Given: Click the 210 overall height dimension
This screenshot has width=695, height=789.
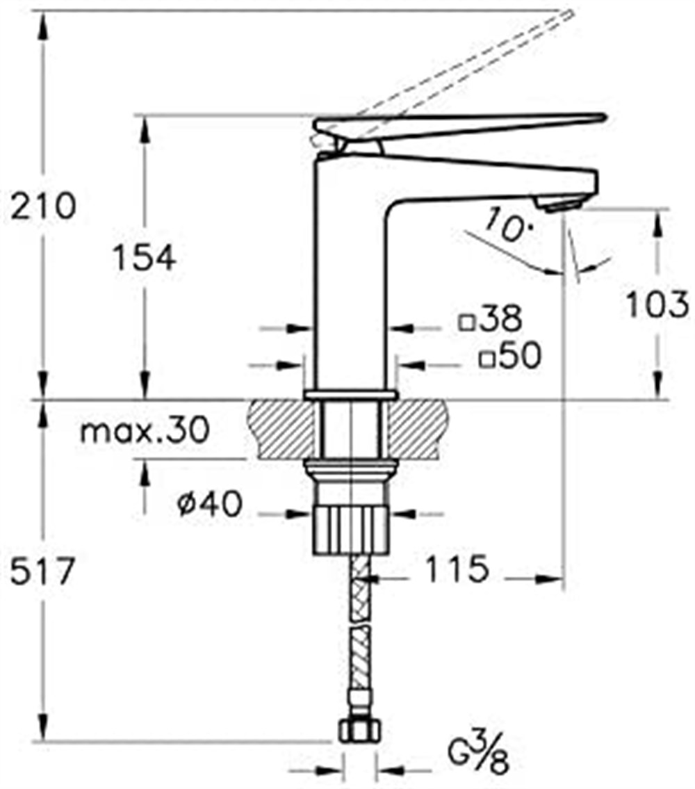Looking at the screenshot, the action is click(x=43, y=206).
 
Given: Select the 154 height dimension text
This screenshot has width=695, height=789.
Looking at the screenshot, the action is click(x=144, y=258).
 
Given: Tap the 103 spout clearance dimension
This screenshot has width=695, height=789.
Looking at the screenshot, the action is click(x=656, y=304).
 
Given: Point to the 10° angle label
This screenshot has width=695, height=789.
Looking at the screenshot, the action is click(x=509, y=225).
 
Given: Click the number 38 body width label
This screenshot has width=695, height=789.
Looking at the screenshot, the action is click(x=500, y=318).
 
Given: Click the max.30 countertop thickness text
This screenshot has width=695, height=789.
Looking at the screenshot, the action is click(x=145, y=431).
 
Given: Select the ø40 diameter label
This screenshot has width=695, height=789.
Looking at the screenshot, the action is click(x=210, y=504).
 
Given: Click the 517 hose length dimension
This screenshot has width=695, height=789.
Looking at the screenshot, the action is click(x=43, y=571).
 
